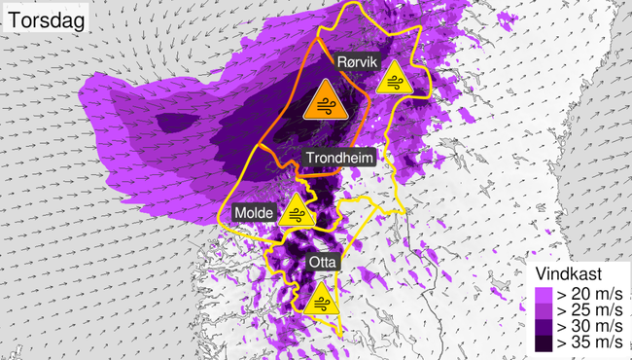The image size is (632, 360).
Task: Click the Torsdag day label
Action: (x=45, y=18)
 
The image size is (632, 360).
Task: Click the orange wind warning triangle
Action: (x=323, y=102)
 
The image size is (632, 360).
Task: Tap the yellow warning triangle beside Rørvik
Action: (x=394, y=80)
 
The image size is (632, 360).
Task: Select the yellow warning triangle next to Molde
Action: (x=294, y=211)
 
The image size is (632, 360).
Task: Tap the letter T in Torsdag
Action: (x=15, y=18)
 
